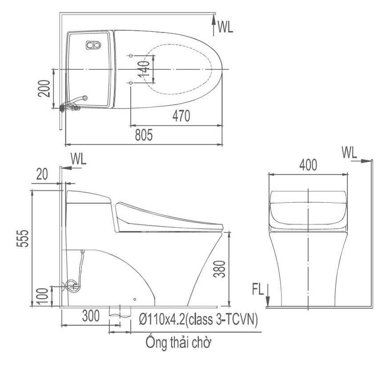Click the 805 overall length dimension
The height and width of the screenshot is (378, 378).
144,135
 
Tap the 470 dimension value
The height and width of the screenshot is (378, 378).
181,116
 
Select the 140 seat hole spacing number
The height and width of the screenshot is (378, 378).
144,69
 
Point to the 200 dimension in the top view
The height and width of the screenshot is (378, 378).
44,88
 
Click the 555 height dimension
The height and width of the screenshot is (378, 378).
23,238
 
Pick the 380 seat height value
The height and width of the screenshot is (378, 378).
219,269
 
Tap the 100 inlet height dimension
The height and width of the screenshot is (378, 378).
44,297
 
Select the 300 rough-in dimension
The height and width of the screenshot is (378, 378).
91,316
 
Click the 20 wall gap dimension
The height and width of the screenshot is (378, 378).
42,174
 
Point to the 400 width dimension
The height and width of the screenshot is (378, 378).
308,165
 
